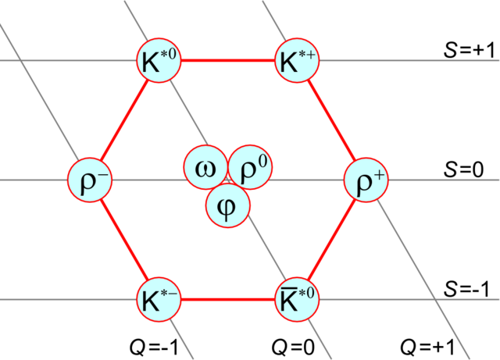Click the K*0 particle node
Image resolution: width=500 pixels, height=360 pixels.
click(x=159, y=60)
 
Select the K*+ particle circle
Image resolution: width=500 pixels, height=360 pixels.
click(x=298, y=60)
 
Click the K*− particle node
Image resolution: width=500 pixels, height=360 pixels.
click(x=159, y=299)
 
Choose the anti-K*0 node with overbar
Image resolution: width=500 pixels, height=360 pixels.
click(x=298, y=299)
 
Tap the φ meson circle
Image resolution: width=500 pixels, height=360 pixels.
click(x=228, y=206)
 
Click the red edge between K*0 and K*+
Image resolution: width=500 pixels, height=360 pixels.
click(x=228, y=60)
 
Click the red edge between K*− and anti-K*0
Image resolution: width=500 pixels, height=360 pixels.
click(x=228, y=299)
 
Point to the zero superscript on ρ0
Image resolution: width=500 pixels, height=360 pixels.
click(x=262, y=162)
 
